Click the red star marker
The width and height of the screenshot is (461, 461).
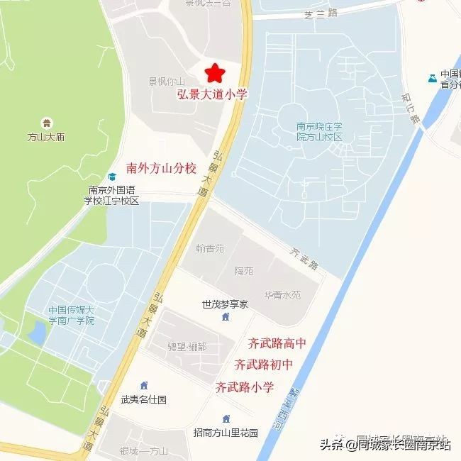(x=214, y=72)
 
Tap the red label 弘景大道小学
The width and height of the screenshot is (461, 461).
(x=211, y=94)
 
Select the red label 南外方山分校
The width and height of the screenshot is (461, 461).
(x=161, y=168)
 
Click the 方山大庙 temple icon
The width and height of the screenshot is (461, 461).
(x=47, y=123)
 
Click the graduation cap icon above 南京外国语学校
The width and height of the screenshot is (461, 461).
(x=111, y=177)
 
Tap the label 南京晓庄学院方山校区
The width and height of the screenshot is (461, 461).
(x=319, y=131)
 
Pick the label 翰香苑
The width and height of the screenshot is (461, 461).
(x=209, y=249)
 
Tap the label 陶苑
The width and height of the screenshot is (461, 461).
(x=243, y=272)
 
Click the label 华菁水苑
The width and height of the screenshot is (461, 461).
(x=282, y=294)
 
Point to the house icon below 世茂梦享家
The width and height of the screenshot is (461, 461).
(x=226, y=316)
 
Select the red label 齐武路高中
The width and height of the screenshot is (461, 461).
(x=277, y=344)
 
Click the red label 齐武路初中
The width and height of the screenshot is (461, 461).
(x=263, y=365)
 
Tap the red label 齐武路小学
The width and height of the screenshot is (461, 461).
(x=244, y=387)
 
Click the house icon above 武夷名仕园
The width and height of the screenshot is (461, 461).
(x=144, y=386)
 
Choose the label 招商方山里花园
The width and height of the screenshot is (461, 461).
(x=226, y=433)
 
